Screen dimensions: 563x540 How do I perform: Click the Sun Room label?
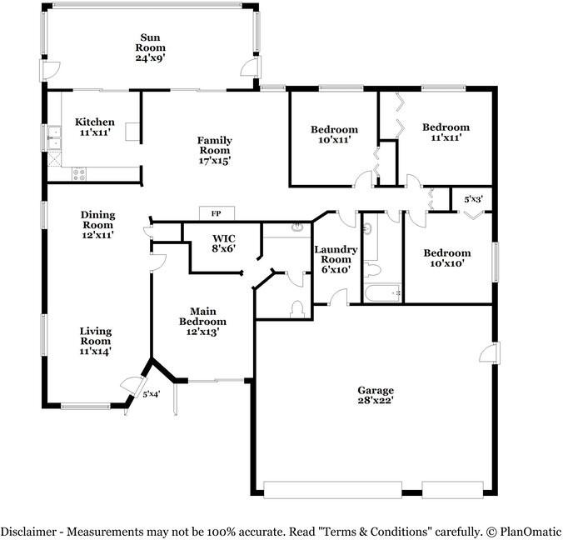(151, 47)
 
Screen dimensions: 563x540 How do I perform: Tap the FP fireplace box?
(217, 213)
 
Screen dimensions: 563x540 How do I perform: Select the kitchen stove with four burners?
(79, 175)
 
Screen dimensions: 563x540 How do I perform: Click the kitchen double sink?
(54, 137)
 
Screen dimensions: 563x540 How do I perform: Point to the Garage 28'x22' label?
(376, 395)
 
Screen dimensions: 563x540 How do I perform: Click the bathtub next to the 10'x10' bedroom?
(383, 292)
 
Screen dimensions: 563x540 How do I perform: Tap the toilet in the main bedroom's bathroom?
(297, 309)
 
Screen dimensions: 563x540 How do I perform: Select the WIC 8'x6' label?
(224, 243)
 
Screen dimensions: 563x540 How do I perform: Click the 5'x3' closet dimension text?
(474, 199)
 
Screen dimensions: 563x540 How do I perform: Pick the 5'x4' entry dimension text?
(152, 394)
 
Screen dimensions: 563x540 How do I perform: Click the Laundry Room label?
(336, 259)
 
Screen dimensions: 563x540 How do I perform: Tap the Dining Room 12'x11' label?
(97, 225)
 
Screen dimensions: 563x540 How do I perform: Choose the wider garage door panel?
(332, 490)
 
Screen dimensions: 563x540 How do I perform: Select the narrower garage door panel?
(452, 490)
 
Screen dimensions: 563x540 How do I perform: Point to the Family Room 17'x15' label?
(215, 150)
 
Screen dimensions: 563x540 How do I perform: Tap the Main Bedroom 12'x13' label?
(203, 321)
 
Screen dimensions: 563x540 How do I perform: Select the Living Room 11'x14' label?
(96, 341)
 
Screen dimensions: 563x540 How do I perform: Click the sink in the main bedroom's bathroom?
(297, 227)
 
